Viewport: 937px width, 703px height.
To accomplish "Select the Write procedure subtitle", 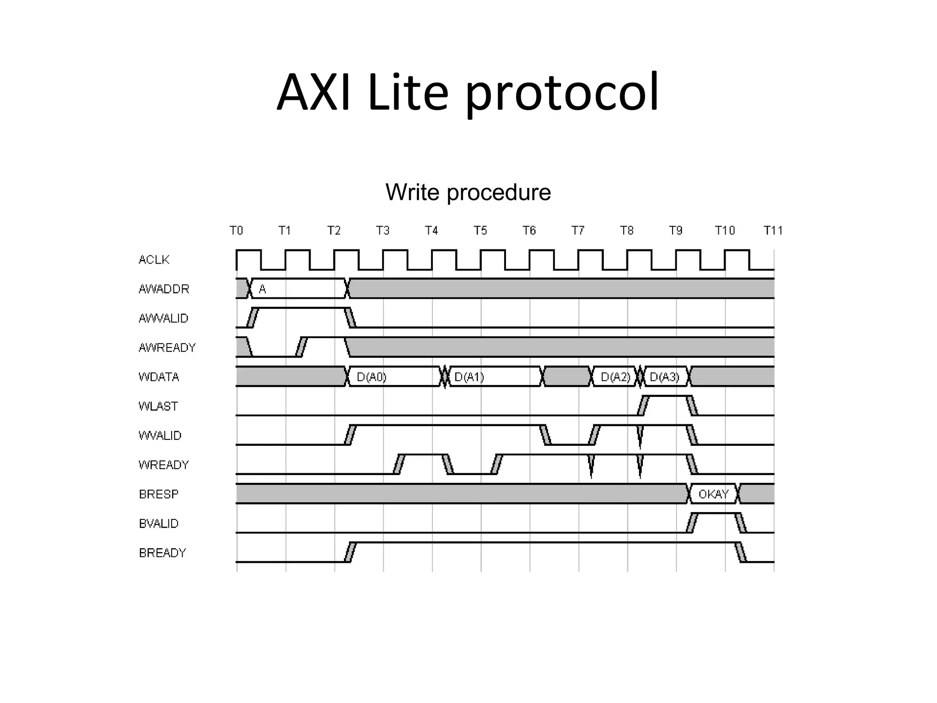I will pos(468,192).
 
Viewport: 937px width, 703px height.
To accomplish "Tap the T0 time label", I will pos(236,230).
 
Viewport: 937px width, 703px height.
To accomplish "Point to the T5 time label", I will pos(480,230).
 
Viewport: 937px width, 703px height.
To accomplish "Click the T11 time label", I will pos(773,230).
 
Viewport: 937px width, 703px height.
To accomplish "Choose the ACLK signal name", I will pos(154,260).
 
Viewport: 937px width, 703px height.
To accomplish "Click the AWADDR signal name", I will pos(164,289).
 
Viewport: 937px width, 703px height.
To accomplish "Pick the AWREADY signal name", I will pos(167,348).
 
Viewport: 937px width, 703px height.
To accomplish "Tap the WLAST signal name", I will pos(158,406).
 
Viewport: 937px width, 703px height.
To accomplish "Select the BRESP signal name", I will pos(158,494).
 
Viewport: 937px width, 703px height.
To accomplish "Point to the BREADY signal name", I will pos(162,553).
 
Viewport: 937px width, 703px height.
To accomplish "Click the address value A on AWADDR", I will pos(262,289).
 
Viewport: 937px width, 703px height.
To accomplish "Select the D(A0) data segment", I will pos(372,377).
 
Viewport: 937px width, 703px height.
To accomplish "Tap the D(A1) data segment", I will pos(469,377).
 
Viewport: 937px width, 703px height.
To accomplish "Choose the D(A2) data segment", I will pos(615,377).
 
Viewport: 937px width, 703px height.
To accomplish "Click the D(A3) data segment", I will pos(664,377).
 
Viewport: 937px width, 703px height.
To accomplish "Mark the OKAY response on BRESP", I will pos(713,494).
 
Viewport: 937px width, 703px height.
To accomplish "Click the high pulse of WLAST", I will pos(668,397).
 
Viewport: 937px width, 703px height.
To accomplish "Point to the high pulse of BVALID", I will pos(716,514).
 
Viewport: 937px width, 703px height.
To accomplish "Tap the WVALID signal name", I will pos(160,436).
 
